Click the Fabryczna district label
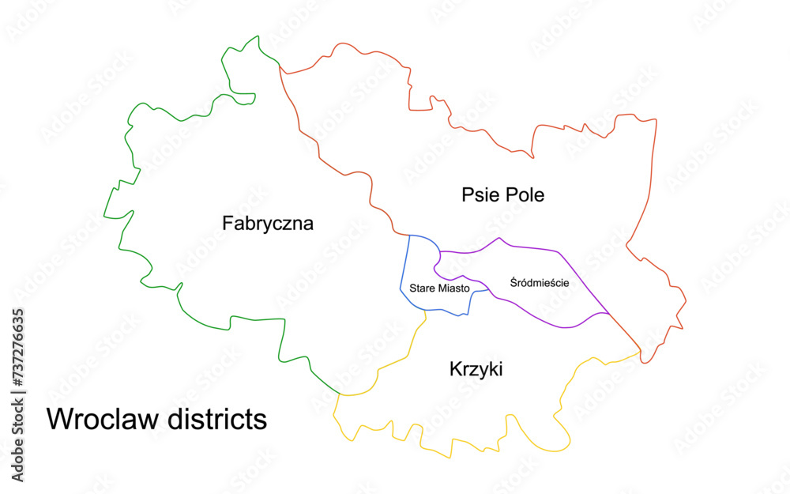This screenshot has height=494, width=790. point(268,224)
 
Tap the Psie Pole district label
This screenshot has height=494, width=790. point(503,194)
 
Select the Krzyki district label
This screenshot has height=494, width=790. point(476,369)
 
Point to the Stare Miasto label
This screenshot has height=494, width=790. point(439,288)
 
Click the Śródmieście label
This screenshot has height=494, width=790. point(540,282)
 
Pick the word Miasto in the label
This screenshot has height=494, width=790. point(453,288)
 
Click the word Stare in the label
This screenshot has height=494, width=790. point(422,288)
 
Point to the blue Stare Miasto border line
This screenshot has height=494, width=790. point(405,269)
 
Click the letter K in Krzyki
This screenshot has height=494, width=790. point(455,369)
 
